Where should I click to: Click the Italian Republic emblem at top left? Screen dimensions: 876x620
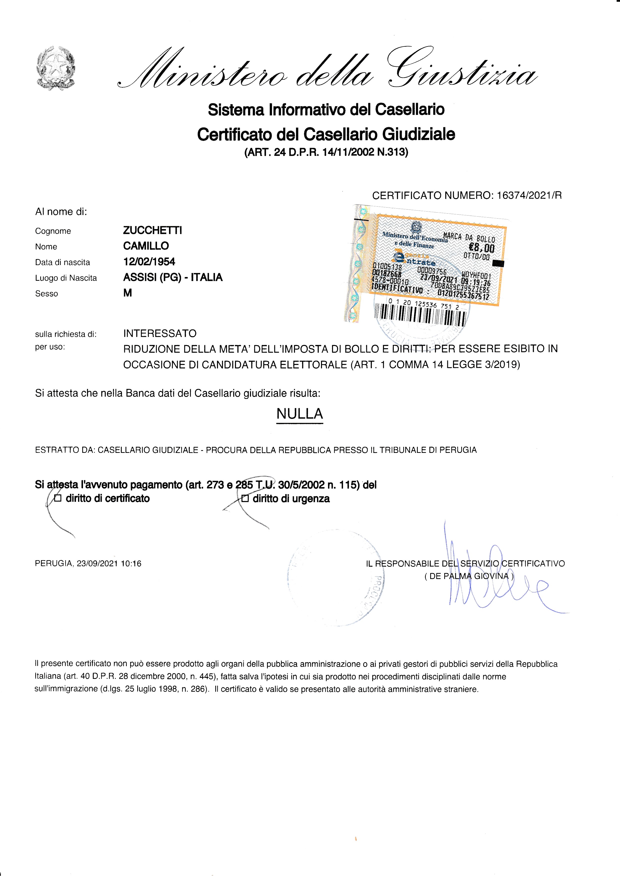56,68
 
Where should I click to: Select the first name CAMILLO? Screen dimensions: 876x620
146,246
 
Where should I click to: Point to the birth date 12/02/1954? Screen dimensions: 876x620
149,262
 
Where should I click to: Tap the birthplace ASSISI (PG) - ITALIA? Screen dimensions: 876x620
172,277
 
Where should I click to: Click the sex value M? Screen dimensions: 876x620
127,293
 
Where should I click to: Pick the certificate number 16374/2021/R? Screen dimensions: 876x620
529,195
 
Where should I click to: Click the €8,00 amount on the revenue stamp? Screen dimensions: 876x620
481,248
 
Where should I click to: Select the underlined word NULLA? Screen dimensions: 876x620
300,414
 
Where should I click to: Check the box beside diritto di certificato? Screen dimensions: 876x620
58,498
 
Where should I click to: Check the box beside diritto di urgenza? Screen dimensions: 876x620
245,499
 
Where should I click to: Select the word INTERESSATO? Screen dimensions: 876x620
159,333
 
